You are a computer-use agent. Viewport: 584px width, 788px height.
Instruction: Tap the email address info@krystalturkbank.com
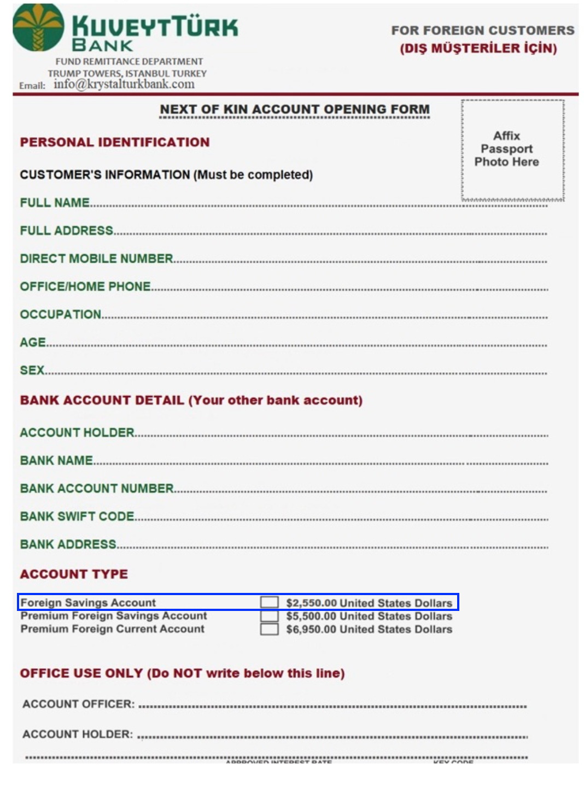(x=124, y=84)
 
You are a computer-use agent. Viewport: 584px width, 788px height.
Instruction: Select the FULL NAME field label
(x=55, y=203)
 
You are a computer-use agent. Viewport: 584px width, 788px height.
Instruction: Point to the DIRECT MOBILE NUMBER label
(x=96, y=258)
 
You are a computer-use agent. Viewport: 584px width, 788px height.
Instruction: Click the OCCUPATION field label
(x=60, y=314)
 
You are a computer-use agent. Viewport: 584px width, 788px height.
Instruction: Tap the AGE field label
(x=33, y=343)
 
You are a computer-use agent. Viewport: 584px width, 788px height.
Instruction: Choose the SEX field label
(x=32, y=371)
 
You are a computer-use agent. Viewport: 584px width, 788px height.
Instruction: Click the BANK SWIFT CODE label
(x=77, y=516)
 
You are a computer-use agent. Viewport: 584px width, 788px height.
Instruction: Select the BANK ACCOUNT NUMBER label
(x=96, y=489)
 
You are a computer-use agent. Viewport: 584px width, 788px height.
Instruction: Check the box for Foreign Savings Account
(x=269, y=602)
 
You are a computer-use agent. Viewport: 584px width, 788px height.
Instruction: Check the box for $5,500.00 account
(x=269, y=616)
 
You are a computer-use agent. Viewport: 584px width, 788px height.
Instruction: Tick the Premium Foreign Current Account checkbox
(x=269, y=629)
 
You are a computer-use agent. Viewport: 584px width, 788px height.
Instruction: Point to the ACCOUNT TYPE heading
(x=74, y=574)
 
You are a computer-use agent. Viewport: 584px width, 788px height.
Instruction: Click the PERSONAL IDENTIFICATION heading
(x=115, y=142)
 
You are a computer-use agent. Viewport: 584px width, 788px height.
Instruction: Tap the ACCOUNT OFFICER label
(x=78, y=704)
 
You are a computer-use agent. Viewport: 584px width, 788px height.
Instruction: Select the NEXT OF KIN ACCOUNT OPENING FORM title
(x=294, y=109)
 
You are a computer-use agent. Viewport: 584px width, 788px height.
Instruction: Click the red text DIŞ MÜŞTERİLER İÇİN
(x=478, y=49)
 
